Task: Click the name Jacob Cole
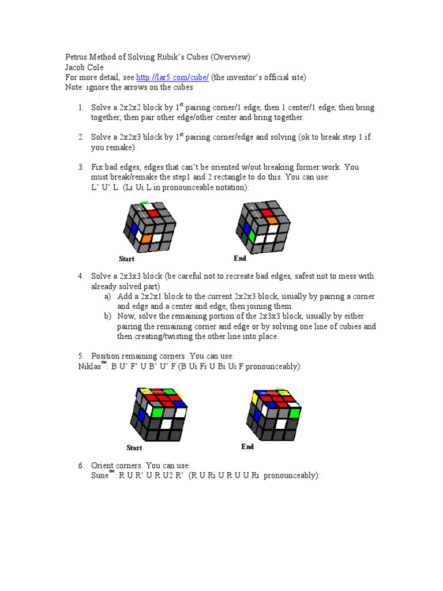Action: pyautogui.click(x=84, y=67)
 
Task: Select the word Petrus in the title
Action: pyautogui.click(x=76, y=57)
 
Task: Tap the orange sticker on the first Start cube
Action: pyautogui.click(x=147, y=237)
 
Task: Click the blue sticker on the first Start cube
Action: pyautogui.click(x=134, y=229)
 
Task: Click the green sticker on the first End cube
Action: pyautogui.click(x=251, y=235)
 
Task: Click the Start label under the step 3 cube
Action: pyautogui.click(x=126, y=259)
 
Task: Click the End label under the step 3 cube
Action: pyautogui.click(x=240, y=259)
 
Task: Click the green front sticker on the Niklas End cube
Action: pyautogui.click(x=295, y=413)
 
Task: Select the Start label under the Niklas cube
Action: pyautogui.click(x=134, y=448)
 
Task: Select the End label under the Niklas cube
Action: pyautogui.click(x=248, y=447)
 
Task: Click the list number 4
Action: pyautogui.click(x=81, y=276)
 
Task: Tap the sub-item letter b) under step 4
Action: pyautogui.click(x=108, y=316)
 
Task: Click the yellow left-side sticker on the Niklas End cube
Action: pyautogui.click(x=254, y=398)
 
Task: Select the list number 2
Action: pyautogui.click(x=81, y=137)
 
